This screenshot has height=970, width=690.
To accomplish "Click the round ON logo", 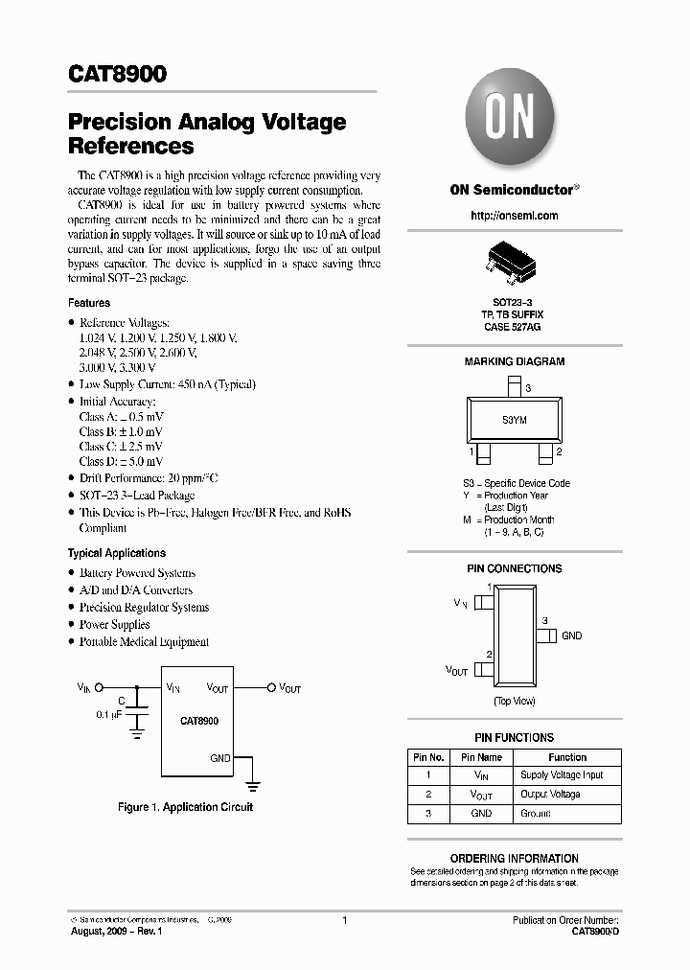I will click(513, 121).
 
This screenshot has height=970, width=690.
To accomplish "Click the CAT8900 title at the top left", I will click(117, 76).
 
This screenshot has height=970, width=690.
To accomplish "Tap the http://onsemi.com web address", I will click(514, 216).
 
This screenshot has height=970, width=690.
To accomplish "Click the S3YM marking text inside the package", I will click(514, 420).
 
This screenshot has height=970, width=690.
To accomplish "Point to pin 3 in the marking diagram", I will click(515, 387).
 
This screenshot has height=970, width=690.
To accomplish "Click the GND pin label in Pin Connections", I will click(571, 635).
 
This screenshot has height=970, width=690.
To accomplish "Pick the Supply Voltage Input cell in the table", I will click(561, 774).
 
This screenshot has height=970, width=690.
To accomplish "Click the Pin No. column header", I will click(428, 756).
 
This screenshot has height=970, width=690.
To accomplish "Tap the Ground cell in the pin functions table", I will click(535, 813).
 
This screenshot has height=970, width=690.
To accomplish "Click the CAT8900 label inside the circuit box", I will click(198, 721).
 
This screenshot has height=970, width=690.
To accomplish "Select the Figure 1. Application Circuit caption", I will click(185, 807).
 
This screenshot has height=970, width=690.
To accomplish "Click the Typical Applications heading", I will click(116, 553).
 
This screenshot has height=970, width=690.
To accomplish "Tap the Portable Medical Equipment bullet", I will click(144, 642).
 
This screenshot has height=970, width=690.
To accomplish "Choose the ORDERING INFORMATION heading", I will click(514, 858).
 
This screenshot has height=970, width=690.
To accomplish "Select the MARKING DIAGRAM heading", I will click(514, 361).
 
